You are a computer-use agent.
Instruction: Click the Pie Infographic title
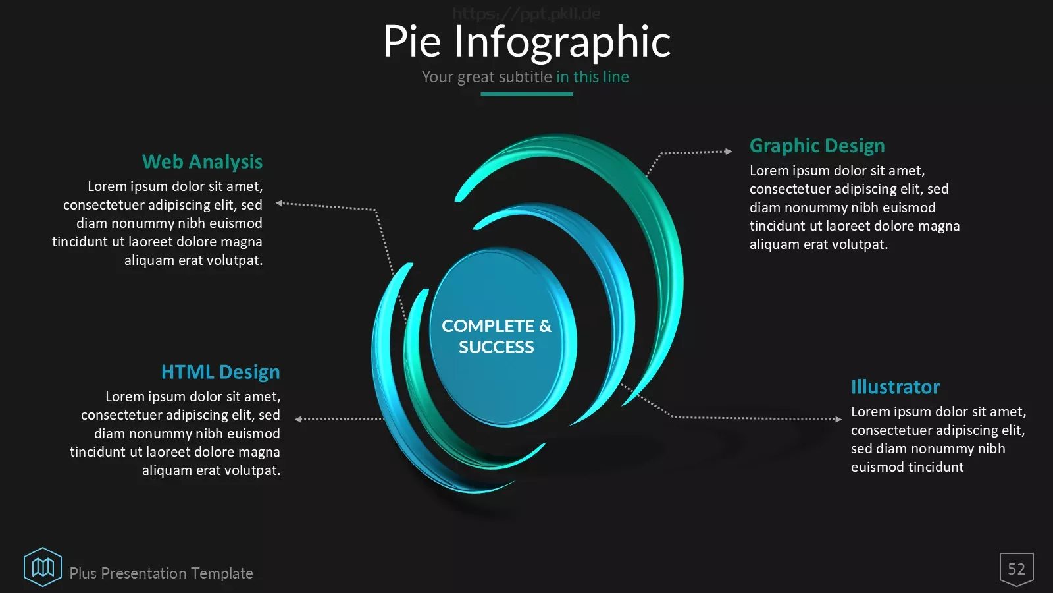(527, 42)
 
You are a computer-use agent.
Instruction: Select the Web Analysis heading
(202, 162)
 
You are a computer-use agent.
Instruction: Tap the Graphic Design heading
(817, 146)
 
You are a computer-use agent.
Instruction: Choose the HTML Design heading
(220, 372)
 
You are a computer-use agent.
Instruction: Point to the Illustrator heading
(895, 387)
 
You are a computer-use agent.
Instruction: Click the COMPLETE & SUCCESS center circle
(503, 337)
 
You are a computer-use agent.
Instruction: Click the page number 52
(1016, 569)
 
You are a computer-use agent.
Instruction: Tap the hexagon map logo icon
(43, 567)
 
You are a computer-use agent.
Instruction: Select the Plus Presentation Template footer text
(161, 573)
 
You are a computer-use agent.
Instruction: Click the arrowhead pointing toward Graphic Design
(729, 151)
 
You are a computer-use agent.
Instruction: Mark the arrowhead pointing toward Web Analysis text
(279, 203)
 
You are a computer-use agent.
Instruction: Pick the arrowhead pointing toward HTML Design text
(298, 419)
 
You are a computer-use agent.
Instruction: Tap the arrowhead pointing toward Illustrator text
(838, 419)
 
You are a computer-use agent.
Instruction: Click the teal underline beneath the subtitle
(526, 94)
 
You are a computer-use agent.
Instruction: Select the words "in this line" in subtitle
(592, 76)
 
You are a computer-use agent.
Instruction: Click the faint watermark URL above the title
(526, 14)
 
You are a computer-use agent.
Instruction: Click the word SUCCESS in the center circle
(496, 347)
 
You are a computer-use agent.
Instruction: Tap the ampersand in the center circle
(546, 326)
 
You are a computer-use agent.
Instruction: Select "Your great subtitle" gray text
(486, 76)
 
